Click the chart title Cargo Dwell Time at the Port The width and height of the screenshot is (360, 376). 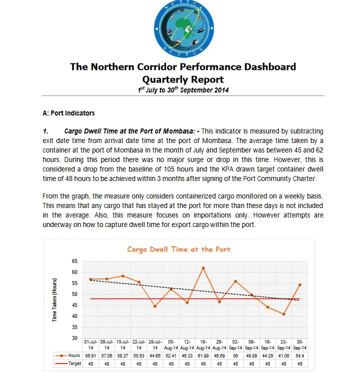click(178, 249)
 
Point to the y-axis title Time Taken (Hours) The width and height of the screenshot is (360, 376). click(54, 299)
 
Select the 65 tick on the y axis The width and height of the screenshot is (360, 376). click(75, 261)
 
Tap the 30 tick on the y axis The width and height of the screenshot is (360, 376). click(75, 338)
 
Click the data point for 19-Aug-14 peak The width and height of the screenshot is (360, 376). click(203, 268)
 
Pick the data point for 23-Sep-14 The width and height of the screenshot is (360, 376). click(283, 314)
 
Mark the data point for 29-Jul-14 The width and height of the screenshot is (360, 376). click(155, 306)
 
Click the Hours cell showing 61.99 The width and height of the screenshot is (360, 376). click(203, 355)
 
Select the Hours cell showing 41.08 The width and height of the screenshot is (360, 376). click(283, 355)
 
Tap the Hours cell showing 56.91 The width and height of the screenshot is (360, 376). click(90, 355)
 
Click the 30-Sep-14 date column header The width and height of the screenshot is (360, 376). click(299, 344)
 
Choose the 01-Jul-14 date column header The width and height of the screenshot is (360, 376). click(90, 344)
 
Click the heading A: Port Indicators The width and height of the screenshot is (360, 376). click(69, 113)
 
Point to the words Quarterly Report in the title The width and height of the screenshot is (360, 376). click(183, 79)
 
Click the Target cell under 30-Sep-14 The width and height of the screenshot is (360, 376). click(299, 364)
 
